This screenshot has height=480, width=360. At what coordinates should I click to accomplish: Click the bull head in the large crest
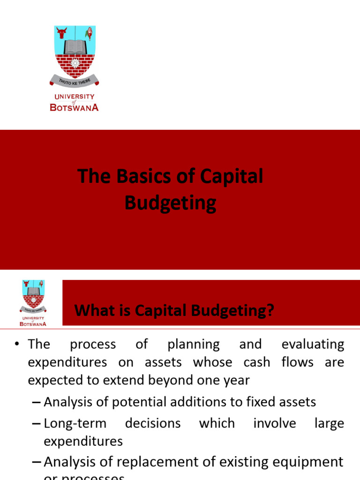61,34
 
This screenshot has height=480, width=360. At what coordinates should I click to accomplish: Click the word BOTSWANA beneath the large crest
74,107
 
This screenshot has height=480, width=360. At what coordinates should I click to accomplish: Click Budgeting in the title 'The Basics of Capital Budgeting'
170,203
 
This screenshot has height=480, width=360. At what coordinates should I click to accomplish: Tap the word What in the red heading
95,310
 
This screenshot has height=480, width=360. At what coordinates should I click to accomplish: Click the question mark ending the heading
270,310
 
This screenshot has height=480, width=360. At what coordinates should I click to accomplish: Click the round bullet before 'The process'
17,345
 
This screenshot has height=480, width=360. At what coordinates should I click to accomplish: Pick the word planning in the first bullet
193,345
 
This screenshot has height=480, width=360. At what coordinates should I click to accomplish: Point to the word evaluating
313,345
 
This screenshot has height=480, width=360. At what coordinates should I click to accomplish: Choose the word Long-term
75,423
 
